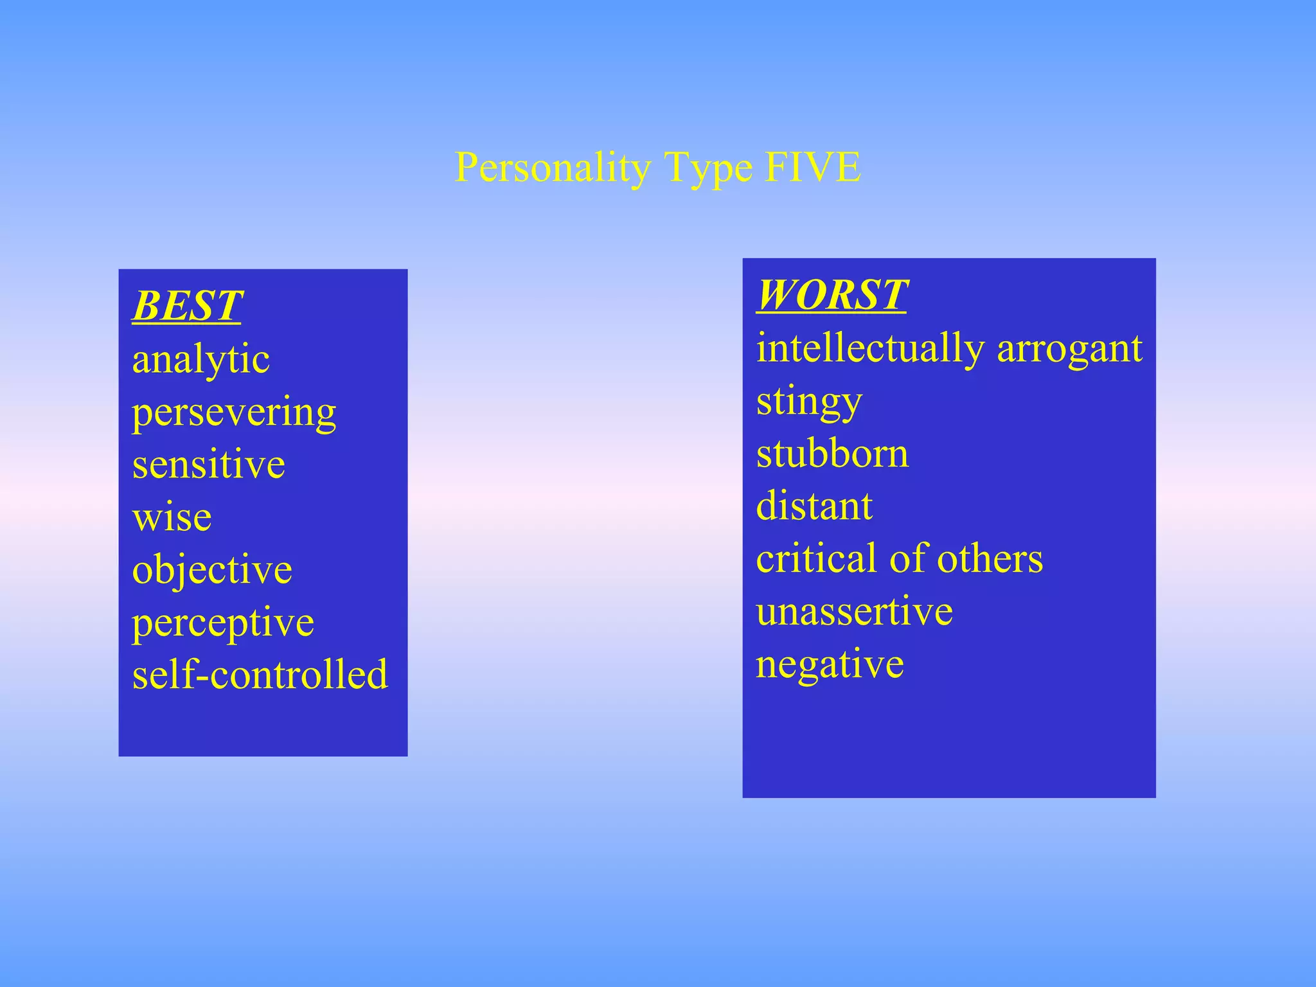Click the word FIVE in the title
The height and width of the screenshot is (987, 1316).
[x=813, y=167]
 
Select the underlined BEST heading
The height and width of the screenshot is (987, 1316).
[x=187, y=306]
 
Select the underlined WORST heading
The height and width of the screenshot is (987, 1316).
[x=831, y=295]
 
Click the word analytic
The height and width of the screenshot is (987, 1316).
[x=200, y=360]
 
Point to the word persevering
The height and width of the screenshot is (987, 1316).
[x=234, y=413]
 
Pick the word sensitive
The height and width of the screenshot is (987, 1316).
[x=208, y=465]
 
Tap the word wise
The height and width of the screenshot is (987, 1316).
[x=172, y=517]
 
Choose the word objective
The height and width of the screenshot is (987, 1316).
[x=212, y=571]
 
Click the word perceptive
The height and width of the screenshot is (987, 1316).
[x=223, y=623]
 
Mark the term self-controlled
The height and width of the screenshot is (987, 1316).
[x=260, y=675]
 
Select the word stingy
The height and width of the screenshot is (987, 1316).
[x=809, y=402]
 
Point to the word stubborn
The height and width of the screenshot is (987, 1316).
[x=832, y=454]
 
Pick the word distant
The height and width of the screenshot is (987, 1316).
[x=814, y=506]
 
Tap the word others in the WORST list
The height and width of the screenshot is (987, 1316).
[x=990, y=558]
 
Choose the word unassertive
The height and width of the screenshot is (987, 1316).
[x=854, y=611]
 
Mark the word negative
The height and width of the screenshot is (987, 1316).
[x=830, y=665]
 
